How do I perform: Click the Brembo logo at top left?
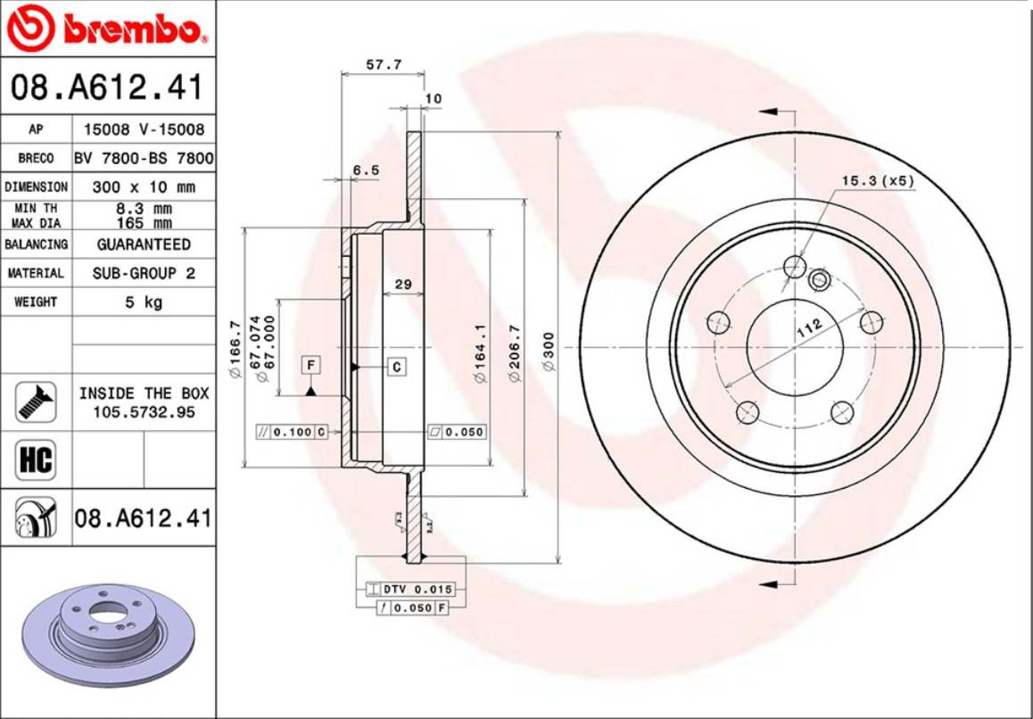(x=107, y=30)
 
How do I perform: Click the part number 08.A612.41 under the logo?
(x=107, y=87)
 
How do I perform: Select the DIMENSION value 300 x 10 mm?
(x=144, y=187)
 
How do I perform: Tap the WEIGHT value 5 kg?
(x=144, y=302)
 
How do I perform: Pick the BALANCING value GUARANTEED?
(x=144, y=244)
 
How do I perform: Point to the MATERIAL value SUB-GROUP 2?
(x=144, y=273)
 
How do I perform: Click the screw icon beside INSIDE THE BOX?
(x=36, y=402)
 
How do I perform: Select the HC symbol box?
(x=36, y=460)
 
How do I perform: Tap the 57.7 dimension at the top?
(x=384, y=64)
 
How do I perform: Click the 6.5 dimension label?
(x=366, y=169)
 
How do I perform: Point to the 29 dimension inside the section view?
(x=402, y=285)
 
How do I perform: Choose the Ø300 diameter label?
(x=548, y=351)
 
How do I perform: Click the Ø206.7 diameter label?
(x=514, y=351)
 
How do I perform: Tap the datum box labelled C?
(x=397, y=366)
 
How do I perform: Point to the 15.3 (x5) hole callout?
(x=878, y=180)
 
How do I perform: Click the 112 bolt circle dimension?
(x=808, y=327)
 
